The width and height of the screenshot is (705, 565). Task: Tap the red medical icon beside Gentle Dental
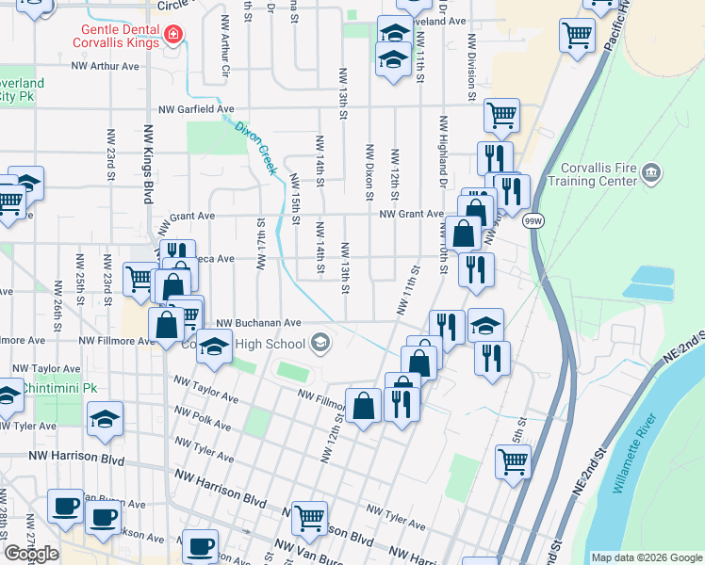172,37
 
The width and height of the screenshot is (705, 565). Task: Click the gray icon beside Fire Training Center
650,172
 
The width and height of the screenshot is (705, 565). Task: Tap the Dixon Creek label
255,148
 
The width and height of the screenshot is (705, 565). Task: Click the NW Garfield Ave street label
196,109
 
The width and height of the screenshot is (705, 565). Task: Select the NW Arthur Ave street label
106,66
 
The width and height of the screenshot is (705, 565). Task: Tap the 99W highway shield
533,220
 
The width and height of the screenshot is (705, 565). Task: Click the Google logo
31,554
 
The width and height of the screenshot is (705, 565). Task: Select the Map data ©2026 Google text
646,557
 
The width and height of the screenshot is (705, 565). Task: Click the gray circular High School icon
320,342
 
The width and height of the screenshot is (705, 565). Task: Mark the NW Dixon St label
369,172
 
